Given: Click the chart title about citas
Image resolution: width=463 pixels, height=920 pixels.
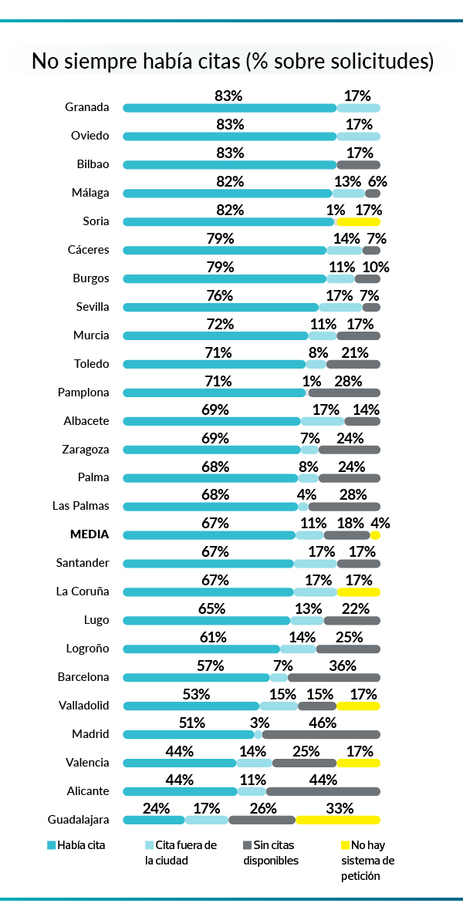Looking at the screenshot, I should pos(231,62).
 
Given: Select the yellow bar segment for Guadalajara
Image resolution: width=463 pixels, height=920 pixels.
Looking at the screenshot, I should pos(338,820).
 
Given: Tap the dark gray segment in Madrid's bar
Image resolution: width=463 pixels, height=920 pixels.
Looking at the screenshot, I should pos(321,734).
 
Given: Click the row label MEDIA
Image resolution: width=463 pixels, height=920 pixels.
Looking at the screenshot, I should pos(90,534).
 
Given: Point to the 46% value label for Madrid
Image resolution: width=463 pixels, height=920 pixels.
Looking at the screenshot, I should pos(323,723).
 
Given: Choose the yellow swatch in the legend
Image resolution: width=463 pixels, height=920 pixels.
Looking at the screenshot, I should pos(346,845).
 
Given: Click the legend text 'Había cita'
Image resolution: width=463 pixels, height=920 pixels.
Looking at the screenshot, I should pos(81,845).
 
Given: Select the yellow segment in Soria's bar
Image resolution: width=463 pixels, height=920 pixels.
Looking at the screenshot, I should pos(358,221).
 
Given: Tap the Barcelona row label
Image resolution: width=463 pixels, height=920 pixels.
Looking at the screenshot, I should pos(83,677).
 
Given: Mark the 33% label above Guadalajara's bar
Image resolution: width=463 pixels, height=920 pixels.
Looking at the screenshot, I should pos(340,808).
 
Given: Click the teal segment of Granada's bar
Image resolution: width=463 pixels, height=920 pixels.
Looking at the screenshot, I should pos(229,107).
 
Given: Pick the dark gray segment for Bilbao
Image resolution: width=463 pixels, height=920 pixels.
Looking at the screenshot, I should pos(358,164).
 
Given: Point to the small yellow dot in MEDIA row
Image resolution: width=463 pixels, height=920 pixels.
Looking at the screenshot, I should pos(375,534).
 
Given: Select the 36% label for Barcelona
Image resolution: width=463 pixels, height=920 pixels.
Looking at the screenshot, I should pos(343,666).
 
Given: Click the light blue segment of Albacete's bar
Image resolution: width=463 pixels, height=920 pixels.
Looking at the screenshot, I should pos(322,421).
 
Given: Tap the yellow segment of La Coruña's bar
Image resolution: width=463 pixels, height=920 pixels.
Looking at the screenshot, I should pos(358,591).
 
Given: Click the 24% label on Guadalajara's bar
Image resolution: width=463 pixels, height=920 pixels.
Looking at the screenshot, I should pos(157,808).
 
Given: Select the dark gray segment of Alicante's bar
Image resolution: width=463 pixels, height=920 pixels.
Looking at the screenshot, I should pos(323,791).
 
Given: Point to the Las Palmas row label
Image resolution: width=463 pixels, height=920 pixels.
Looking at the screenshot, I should pos(80,506).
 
